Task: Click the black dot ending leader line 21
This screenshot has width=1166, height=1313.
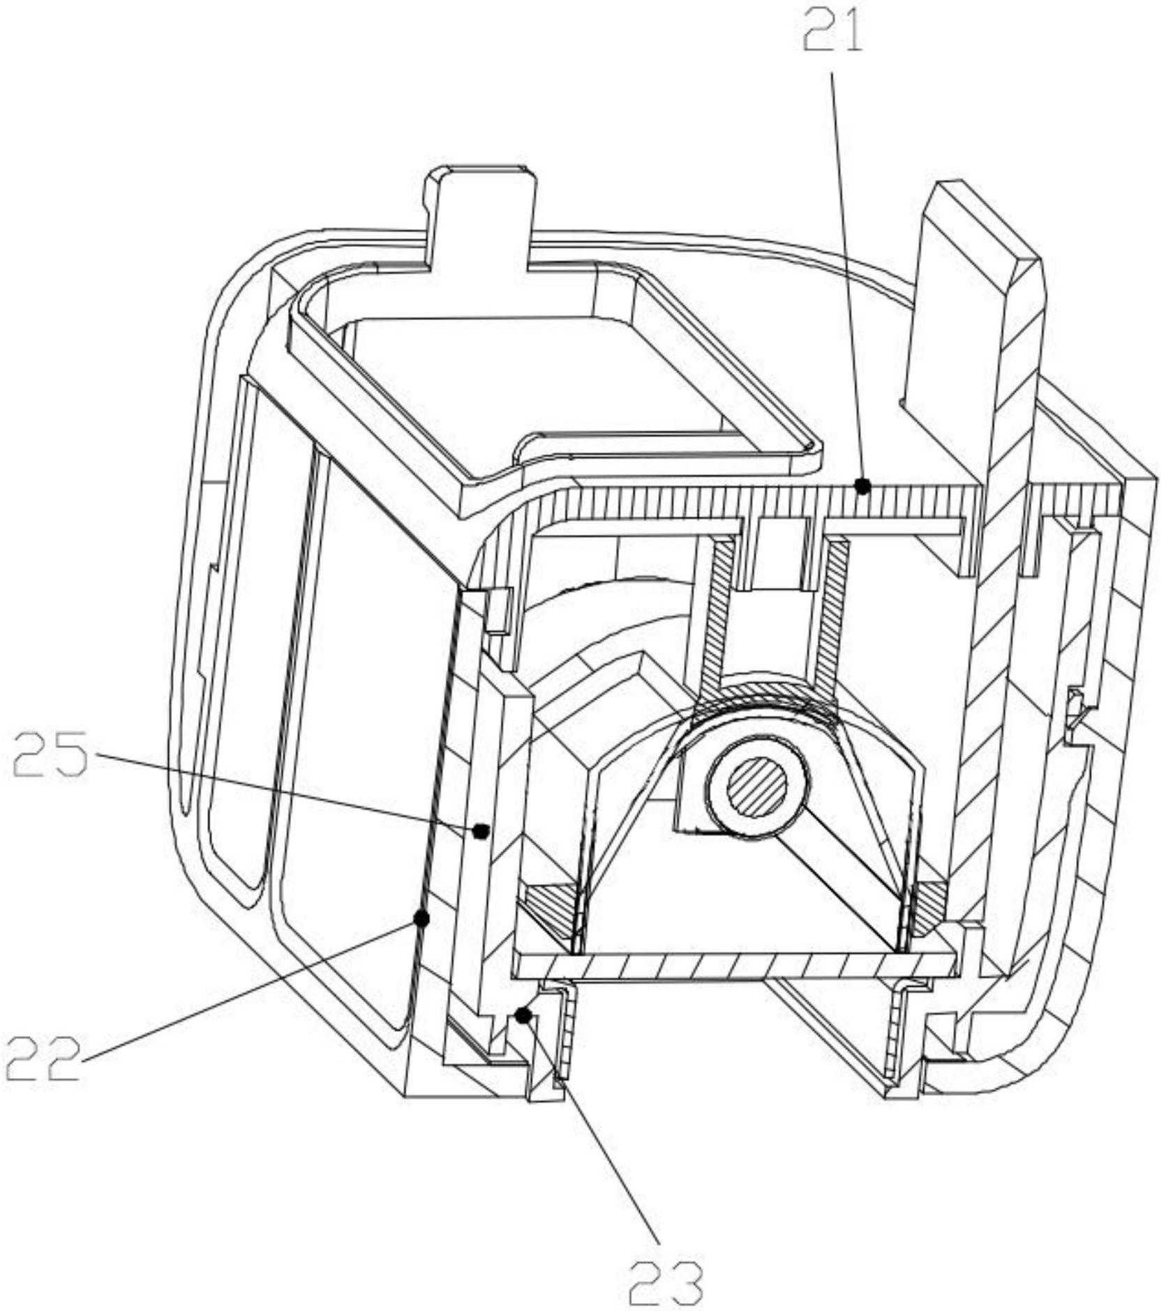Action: pyautogui.click(x=863, y=485)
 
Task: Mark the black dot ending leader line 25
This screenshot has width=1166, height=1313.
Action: pyautogui.click(x=479, y=830)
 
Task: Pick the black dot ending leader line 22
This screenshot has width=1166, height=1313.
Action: pyautogui.click(x=421, y=918)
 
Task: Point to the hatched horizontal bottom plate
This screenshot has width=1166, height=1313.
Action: pyautogui.click(x=733, y=965)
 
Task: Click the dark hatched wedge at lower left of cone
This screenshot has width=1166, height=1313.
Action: pyautogui.click(x=551, y=906)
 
